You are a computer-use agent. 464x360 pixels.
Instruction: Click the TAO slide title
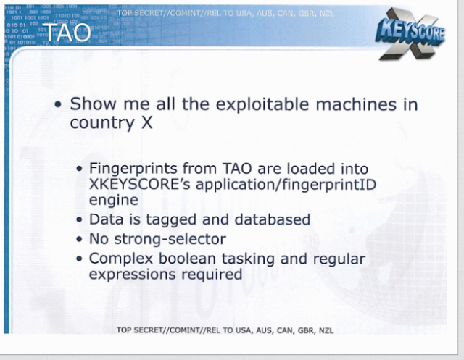[x=67, y=33]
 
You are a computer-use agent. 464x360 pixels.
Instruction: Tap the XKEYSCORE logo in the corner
[x=410, y=33]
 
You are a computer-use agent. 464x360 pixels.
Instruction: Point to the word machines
[x=356, y=104]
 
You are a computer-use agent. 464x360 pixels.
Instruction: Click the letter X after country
[x=146, y=122]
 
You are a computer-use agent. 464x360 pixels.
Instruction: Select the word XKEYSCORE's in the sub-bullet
[x=140, y=185]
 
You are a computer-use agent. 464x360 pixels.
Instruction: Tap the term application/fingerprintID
[x=286, y=185]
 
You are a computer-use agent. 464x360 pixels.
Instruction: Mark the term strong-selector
[x=170, y=239]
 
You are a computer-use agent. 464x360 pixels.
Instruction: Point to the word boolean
[x=188, y=259]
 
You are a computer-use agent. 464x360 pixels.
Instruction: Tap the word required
[x=212, y=275]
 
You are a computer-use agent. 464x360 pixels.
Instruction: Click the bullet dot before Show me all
[x=58, y=104]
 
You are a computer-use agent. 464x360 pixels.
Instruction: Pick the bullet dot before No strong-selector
[x=79, y=239]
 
